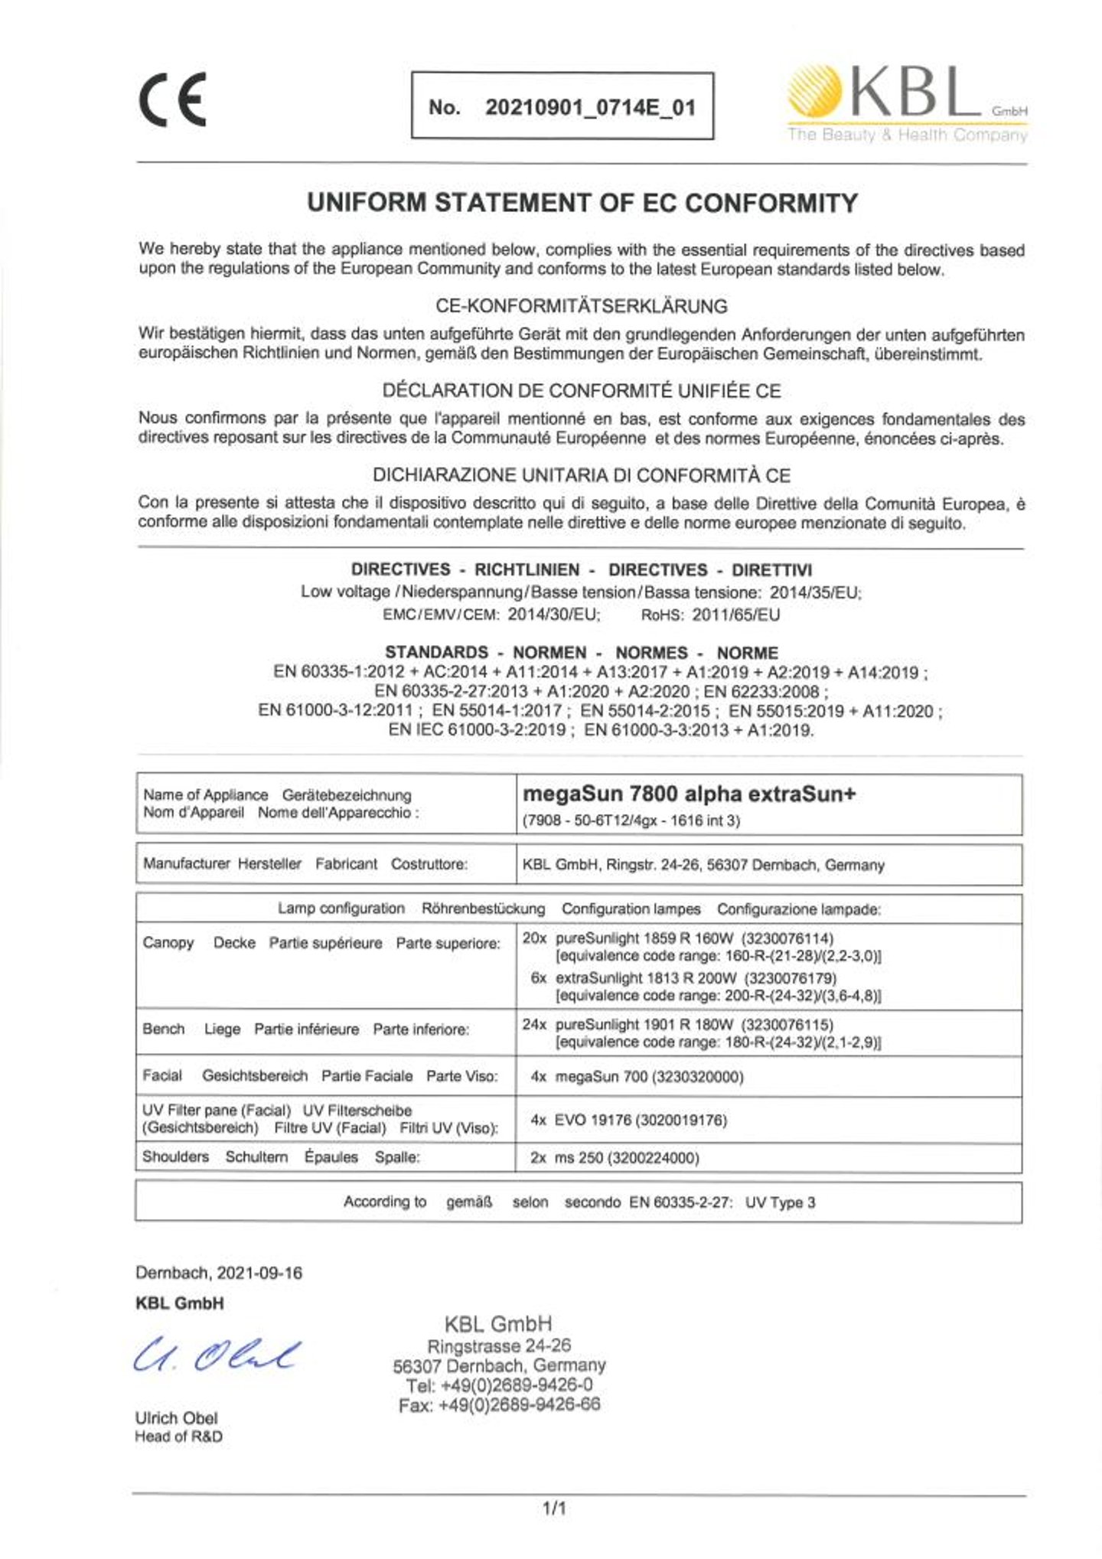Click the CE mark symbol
pos(172,100)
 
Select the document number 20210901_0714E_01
pos(590,107)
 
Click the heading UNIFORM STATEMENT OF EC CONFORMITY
pos(582,203)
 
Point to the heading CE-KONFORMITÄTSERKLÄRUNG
pos(581,306)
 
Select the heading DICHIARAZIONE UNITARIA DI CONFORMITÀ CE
pos(581,475)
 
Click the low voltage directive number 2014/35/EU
pos(814,592)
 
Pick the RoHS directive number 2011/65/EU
pos(735,615)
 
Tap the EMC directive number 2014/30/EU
pos(553,615)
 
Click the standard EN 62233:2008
pos(765,692)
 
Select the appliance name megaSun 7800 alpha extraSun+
pos(689,794)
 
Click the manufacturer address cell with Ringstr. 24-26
pos(703,865)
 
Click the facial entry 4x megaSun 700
pos(637,1077)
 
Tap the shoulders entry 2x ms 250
pos(615,1158)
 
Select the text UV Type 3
pos(780,1202)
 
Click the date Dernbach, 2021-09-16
pos(219,1273)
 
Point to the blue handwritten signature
pos(217,1355)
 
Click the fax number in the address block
pos(499,1404)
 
